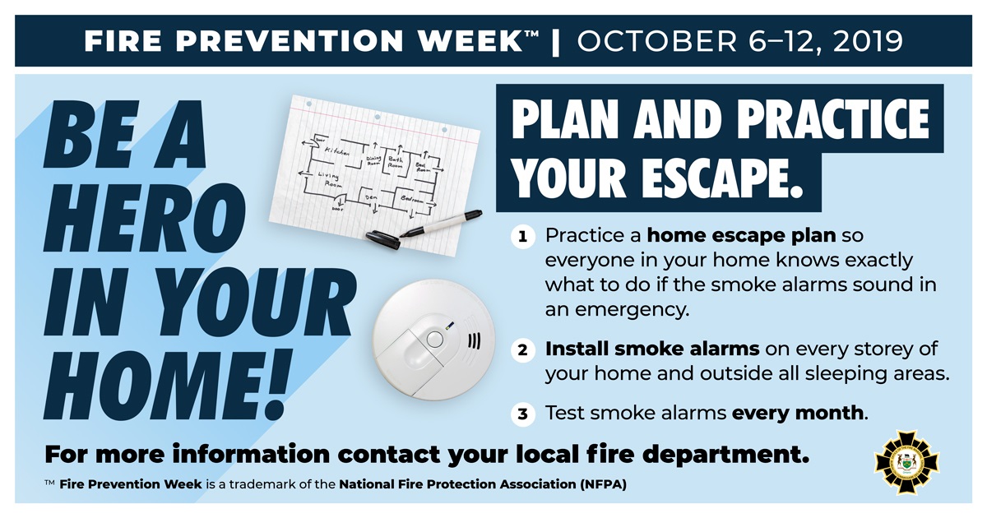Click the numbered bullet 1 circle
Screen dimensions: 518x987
coord(522,238)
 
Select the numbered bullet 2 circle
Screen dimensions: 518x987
coord(522,350)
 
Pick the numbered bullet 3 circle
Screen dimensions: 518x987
coord(522,414)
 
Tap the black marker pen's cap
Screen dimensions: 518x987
coord(382,238)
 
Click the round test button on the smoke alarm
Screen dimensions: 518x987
coord(434,338)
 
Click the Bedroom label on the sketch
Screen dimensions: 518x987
coord(412,200)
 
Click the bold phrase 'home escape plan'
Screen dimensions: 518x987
coord(741,237)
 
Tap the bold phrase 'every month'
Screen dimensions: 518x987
coord(798,413)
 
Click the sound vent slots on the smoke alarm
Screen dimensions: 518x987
coord(475,341)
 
